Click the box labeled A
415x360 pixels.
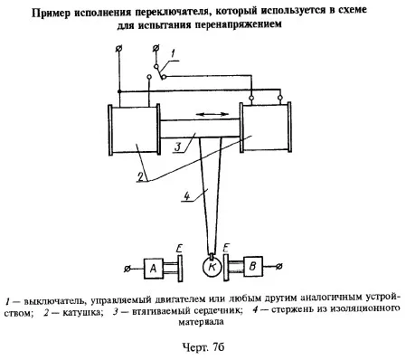(154, 268)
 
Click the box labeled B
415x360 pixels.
(253, 267)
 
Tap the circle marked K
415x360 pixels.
(212, 267)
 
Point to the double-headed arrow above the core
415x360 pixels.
(212, 114)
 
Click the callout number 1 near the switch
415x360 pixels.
(173, 54)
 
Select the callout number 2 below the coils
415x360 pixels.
(141, 176)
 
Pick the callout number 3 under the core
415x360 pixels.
(178, 147)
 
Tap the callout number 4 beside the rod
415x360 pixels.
(187, 196)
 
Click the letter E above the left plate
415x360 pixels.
(179, 249)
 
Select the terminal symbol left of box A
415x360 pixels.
(127, 269)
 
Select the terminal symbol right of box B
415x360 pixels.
(279, 266)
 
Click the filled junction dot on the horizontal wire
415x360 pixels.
(119, 91)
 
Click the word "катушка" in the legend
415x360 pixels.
(80, 312)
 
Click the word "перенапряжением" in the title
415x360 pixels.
(238, 24)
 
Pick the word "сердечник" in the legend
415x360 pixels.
(218, 311)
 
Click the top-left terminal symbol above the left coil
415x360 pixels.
(119, 48)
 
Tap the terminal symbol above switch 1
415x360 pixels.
(156, 48)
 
